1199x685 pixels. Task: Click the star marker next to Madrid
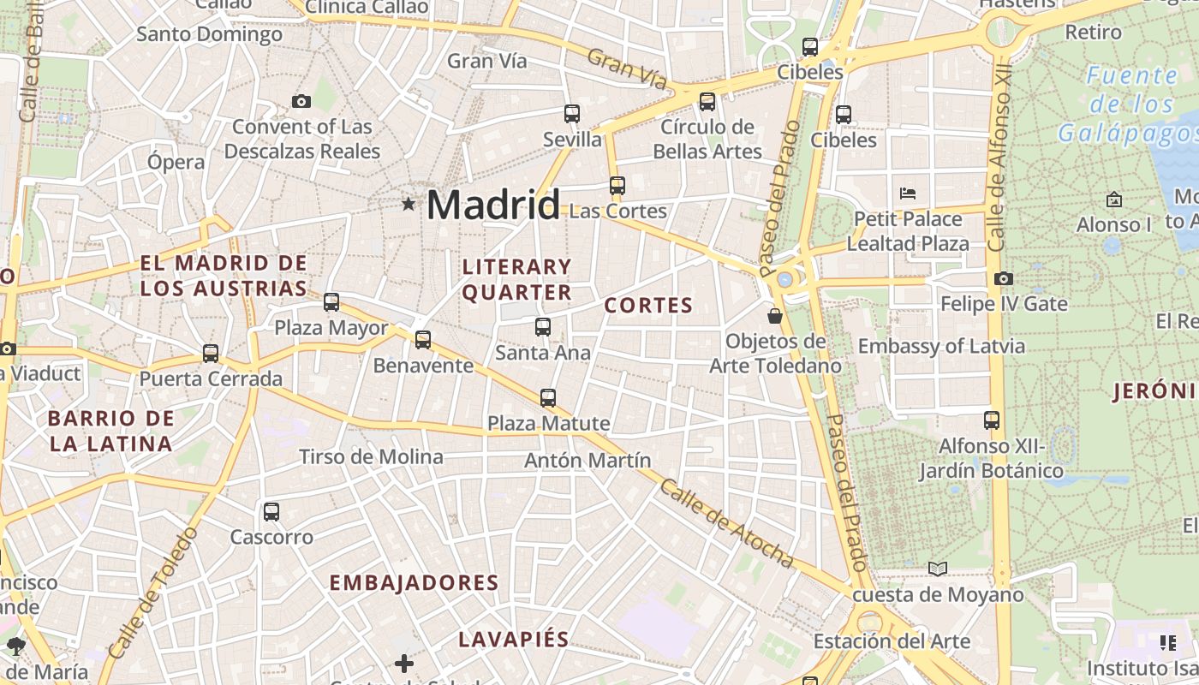click(x=409, y=205)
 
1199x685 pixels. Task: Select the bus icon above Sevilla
click(x=572, y=113)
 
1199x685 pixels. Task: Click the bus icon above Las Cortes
click(x=617, y=185)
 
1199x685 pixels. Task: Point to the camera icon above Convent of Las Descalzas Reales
click(x=301, y=101)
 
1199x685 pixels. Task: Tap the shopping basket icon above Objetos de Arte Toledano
click(x=775, y=316)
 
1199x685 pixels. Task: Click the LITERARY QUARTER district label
click(x=516, y=279)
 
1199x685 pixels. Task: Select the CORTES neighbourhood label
click(x=648, y=306)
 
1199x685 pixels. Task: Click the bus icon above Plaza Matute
click(x=548, y=397)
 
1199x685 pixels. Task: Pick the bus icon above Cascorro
click(x=271, y=512)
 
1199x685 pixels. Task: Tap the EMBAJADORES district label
click(x=414, y=583)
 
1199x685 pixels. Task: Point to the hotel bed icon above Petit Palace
click(x=908, y=193)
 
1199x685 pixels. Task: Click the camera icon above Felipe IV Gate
click(x=1004, y=278)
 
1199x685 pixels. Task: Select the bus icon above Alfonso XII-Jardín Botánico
click(x=992, y=420)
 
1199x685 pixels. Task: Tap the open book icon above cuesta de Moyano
click(x=938, y=569)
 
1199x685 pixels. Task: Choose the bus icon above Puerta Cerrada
click(x=211, y=353)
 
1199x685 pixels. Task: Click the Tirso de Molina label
click(x=371, y=456)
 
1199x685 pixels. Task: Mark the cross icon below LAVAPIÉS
click(x=404, y=663)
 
